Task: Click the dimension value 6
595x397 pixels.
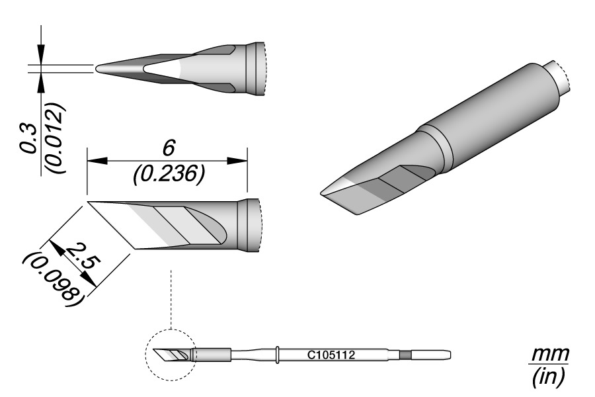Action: click(x=168, y=148)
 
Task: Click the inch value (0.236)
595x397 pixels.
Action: click(x=169, y=175)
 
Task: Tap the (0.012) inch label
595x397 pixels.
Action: click(x=55, y=138)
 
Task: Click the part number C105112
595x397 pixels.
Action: click(x=331, y=355)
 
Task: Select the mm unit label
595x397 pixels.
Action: click(x=550, y=355)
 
